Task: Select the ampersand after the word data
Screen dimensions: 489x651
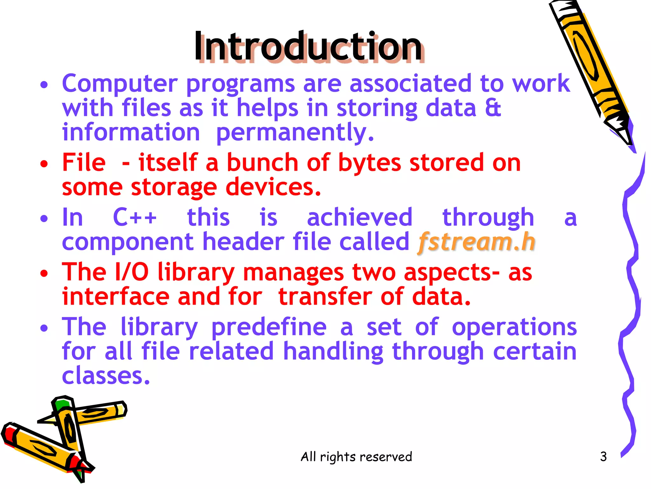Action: pos(493,108)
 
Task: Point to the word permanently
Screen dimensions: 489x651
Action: pos(295,132)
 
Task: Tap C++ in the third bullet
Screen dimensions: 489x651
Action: pos(135,217)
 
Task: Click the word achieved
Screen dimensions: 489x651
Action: pos(360,217)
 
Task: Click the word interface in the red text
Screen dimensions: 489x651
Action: pos(115,297)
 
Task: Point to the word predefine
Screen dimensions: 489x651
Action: pos(269,327)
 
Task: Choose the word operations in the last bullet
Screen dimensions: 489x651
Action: pos(514,327)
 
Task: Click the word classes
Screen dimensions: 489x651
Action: pos(105,376)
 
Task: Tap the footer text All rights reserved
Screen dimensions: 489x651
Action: pos(356,457)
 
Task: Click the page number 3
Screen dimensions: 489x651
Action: pos(603,457)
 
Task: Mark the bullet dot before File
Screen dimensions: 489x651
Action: pos(44,164)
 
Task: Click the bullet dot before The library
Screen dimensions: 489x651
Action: pos(44,328)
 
